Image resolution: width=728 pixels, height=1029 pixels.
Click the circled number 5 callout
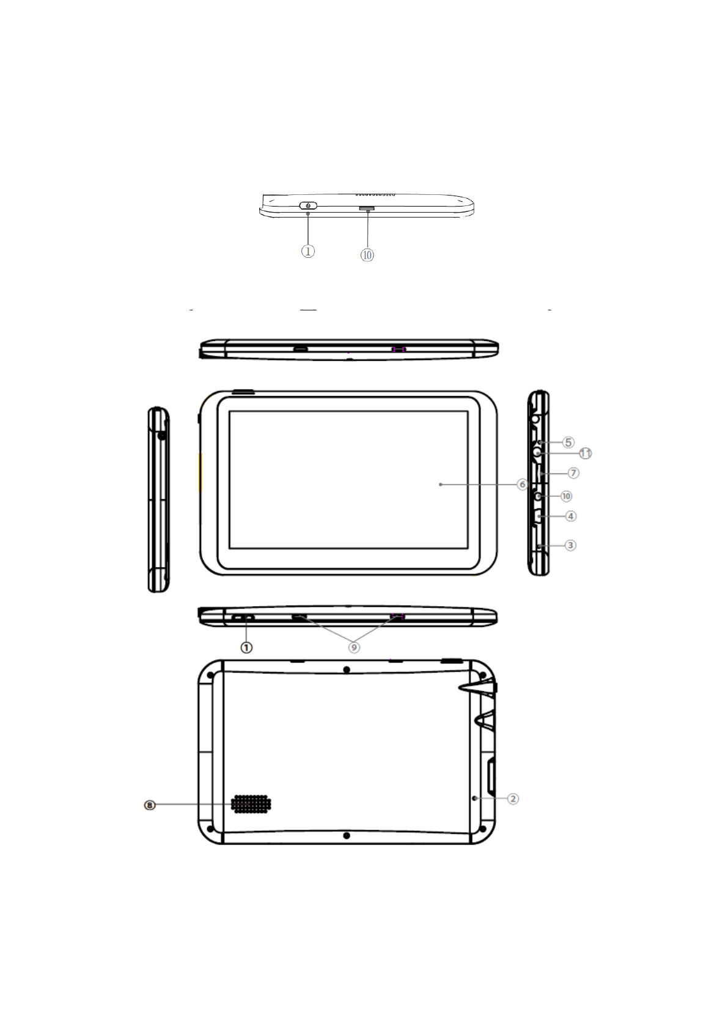(568, 442)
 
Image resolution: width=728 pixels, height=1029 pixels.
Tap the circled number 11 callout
(585, 453)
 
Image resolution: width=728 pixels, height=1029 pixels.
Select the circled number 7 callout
(573, 473)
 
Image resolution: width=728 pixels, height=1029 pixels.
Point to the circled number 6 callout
(521, 484)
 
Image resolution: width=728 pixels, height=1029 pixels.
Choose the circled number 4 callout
(570, 516)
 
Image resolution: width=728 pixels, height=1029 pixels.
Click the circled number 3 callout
(570, 545)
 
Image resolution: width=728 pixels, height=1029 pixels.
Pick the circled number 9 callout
(353, 647)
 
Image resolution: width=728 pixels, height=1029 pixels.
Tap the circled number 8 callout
(149, 805)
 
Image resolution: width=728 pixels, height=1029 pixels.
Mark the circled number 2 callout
(513, 799)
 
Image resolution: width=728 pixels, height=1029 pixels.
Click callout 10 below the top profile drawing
(367, 255)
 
